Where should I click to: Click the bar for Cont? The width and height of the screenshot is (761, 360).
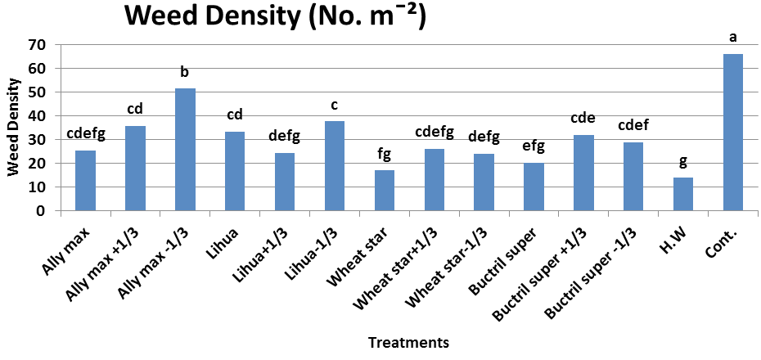tap(733, 133)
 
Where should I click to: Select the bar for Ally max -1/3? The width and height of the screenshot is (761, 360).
tap(186, 150)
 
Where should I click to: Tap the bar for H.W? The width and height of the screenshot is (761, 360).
tap(683, 194)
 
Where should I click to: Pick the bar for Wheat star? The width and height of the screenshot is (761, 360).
tap(385, 191)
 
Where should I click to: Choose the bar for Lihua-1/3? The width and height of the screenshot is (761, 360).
tap(335, 166)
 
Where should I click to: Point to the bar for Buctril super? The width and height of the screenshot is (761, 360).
tap(534, 187)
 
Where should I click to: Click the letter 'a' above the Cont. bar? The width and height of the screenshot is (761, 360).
tap(733, 37)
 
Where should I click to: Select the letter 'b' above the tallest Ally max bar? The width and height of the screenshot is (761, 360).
tap(184, 72)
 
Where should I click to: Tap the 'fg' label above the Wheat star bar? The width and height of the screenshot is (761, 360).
tap(384, 155)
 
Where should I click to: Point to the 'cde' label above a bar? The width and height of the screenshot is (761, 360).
tap(583, 119)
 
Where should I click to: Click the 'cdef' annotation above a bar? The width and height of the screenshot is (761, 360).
tap(633, 126)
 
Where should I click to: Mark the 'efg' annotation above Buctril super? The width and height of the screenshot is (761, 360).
tap(534, 146)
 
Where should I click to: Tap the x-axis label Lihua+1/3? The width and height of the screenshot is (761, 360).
tap(264, 250)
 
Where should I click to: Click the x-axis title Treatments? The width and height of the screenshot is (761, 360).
tap(408, 343)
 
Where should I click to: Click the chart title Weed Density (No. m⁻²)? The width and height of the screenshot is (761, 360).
tap(275, 17)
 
